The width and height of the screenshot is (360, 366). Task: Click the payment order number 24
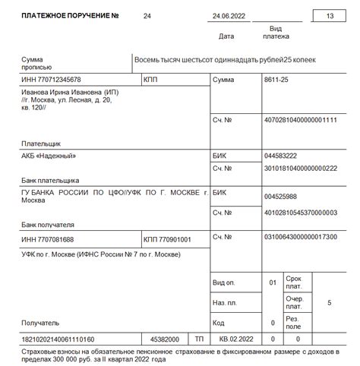point(147,16)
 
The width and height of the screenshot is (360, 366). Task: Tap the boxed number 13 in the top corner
point(329,16)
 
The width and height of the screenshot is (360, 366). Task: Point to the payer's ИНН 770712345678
point(50,80)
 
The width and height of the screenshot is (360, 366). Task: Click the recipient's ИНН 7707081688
point(48,240)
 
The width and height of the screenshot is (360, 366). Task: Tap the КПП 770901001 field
point(167,240)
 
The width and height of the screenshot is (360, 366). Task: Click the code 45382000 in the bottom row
point(165,339)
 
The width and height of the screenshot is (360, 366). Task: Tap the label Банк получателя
point(48,225)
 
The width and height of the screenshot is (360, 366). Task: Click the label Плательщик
point(41,143)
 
